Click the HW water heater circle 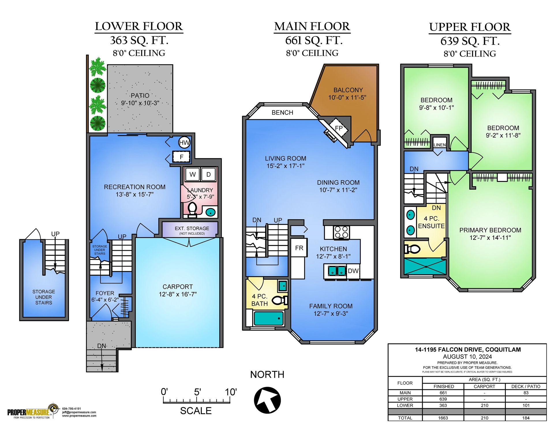tap(184, 142)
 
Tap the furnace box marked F tap(181, 157)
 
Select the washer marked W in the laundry tap(192, 174)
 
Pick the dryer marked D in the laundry tap(208, 174)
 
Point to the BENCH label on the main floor tap(282, 113)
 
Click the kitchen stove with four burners tap(341, 233)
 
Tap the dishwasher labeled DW tap(353, 271)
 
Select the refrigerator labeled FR tap(299, 248)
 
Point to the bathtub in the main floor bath tap(268, 319)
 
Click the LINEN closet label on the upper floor tap(439, 145)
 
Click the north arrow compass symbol tap(267, 400)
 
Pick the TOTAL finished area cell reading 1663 tap(443, 418)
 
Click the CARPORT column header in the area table tap(484, 386)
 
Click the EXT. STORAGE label tap(192, 228)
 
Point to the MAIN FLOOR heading tap(312, 26)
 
